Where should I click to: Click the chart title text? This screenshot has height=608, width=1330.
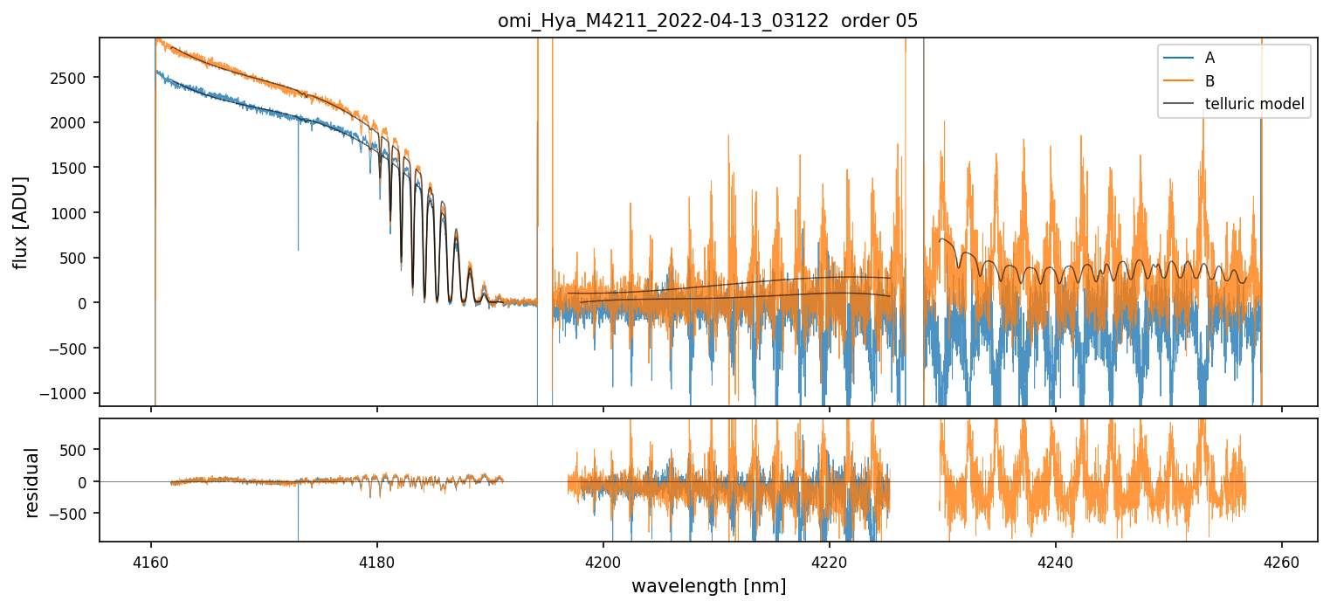tap(707, 21)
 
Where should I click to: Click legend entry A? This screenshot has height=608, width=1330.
tap(1209, 58)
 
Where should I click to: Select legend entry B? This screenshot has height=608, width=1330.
tap(1209, 81)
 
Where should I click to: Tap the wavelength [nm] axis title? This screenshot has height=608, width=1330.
tap(707, 586)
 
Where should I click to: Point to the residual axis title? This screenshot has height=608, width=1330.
tap(32, 481)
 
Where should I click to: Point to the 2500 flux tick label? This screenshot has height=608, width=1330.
tap(73, 78)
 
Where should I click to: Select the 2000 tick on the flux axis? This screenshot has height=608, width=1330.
tap(73, 123)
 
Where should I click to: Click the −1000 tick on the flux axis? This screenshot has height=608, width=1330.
tap(70, 393)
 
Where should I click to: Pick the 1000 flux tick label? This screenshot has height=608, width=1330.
tap(73, 213)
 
